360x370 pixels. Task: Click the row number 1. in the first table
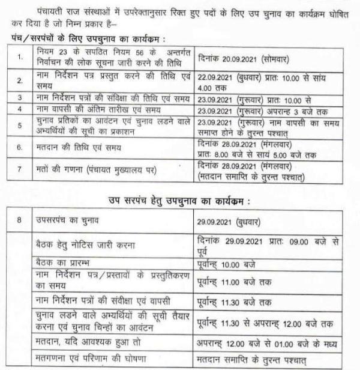click(20, 58)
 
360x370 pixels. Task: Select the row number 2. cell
click(20, 80)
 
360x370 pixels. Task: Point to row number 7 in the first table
click(20, 169)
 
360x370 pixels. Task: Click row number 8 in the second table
click(20, 220)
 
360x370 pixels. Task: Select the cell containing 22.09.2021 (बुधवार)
click(265, 80)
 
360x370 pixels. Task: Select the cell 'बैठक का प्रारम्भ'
click(64, 262)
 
